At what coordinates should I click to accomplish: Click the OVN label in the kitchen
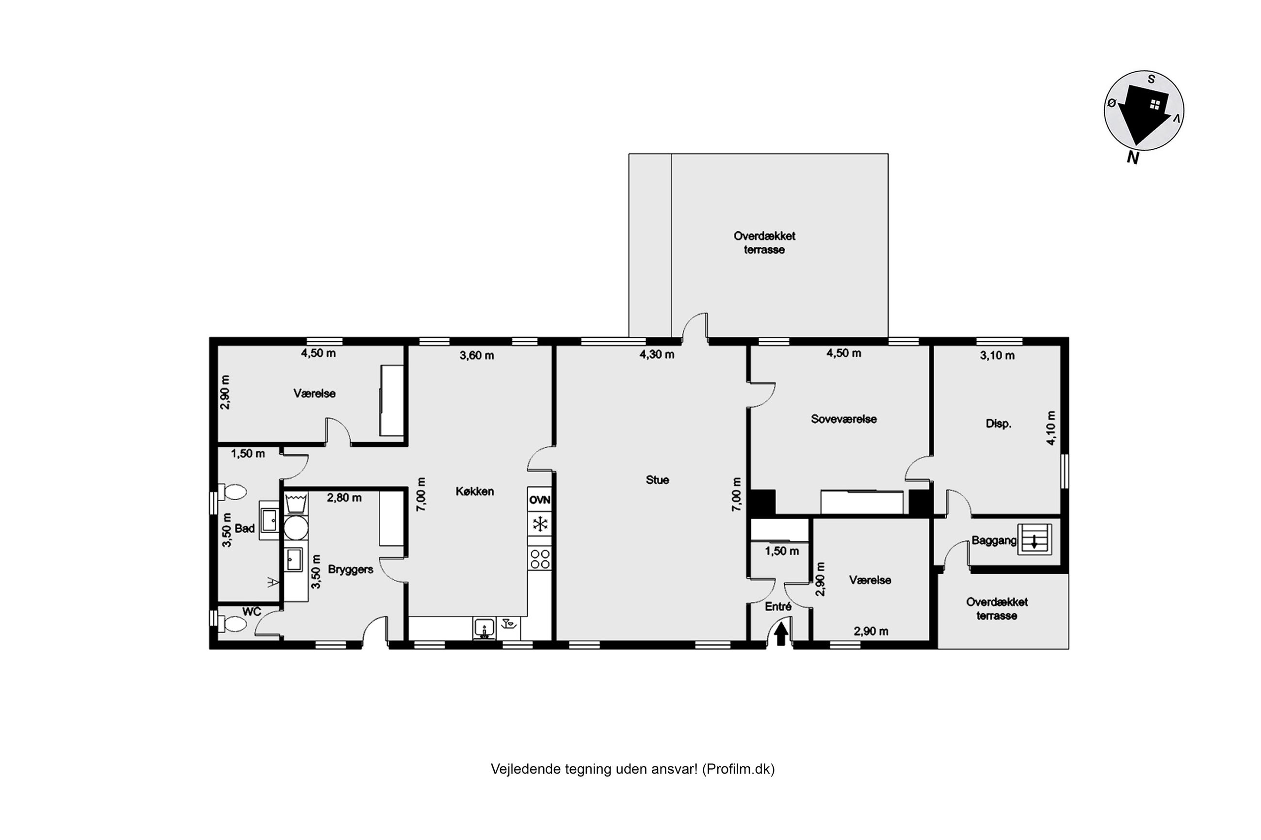point(539,500)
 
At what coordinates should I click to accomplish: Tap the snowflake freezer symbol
point(539,523)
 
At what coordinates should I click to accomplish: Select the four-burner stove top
point(539,559)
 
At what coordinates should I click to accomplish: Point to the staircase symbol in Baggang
point(1035,540)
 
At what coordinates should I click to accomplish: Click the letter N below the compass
point(1132,157)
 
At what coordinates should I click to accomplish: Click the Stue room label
point(657,480)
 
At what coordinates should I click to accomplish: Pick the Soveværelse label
point(843,419)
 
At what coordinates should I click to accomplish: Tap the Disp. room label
point(999,423)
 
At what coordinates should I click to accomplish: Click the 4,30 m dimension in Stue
point(657,354)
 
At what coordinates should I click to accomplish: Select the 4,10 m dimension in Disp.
point(1051,428)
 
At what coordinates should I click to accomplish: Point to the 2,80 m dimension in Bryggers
point(344,498)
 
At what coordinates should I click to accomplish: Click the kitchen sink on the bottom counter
point(484,628)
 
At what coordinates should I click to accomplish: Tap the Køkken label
point(475,491)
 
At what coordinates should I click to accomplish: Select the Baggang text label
point(994,541)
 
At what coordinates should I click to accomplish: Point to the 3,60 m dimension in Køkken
point(476,355)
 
